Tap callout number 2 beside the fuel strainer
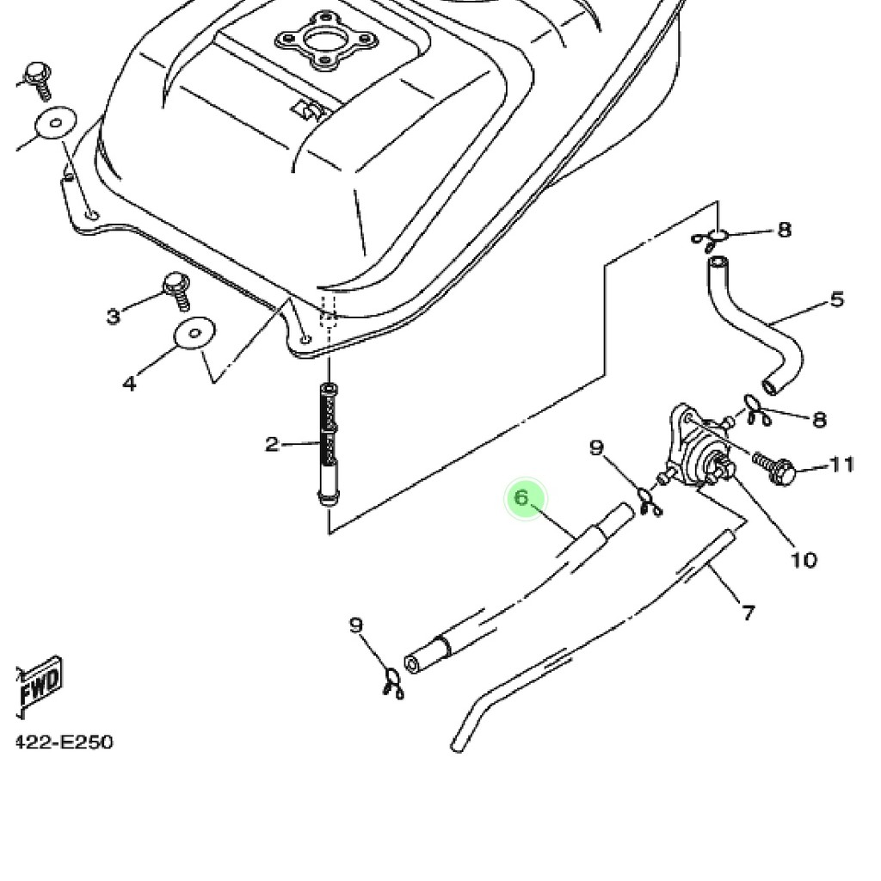[272, 445]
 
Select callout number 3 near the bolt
[114, 317]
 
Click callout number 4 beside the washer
[128, 383]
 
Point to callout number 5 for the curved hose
[837, 299]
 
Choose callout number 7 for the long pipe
[748, 613]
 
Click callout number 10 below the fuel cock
[803, 560]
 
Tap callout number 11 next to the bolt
[842, 465]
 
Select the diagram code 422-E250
[65, 742]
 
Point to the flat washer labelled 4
[195, 334]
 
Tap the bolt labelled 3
[177, 290]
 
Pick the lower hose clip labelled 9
[391, 684]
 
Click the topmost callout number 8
[784, 230]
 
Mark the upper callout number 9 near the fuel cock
[597, 447]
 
